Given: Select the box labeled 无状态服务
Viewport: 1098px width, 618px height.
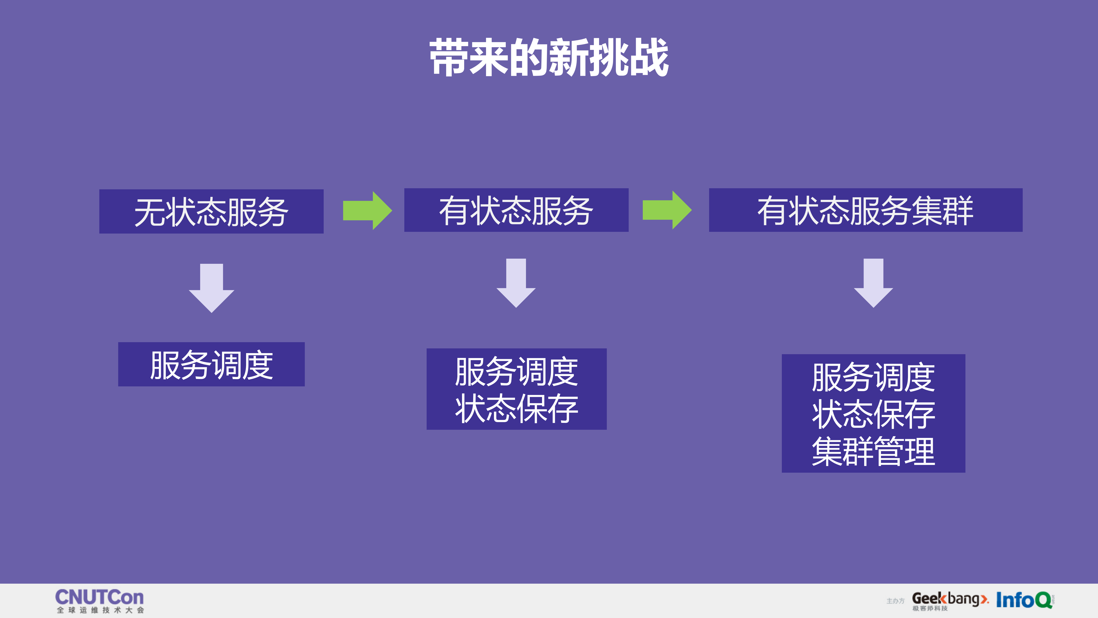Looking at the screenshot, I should coord(211,211).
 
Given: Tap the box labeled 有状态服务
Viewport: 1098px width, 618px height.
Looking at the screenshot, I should coord(516,210).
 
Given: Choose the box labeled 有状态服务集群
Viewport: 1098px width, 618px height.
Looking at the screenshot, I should coord(865,210).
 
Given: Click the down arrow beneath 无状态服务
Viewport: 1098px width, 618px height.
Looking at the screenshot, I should coord(211,288).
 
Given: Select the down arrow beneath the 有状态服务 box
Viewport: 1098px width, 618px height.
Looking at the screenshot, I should coord(516,283).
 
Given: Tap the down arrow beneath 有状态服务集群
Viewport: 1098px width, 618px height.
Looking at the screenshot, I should coord(873,283).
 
